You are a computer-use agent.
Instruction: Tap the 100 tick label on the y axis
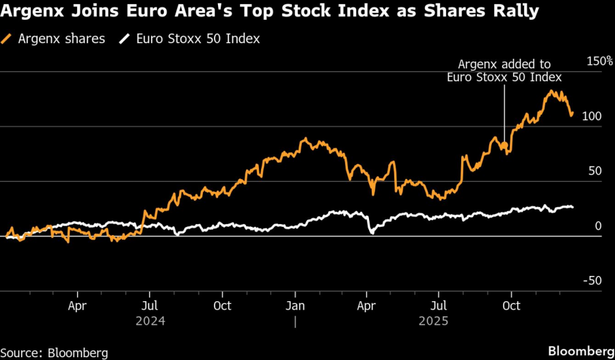click(x=592, y=117)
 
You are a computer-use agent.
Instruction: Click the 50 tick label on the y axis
click(x=594, y=171)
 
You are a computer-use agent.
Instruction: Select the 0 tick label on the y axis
click(x=598, y=226)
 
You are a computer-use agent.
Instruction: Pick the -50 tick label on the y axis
click(x=592, y=281)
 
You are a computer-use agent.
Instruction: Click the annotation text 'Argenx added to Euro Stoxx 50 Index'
click(x=504, y=70)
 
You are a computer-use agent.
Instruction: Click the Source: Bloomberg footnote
click(x=55, y=352)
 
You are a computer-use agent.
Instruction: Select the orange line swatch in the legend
click(x=9, y=39)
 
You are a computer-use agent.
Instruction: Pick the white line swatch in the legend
click(x=124, y=39)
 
